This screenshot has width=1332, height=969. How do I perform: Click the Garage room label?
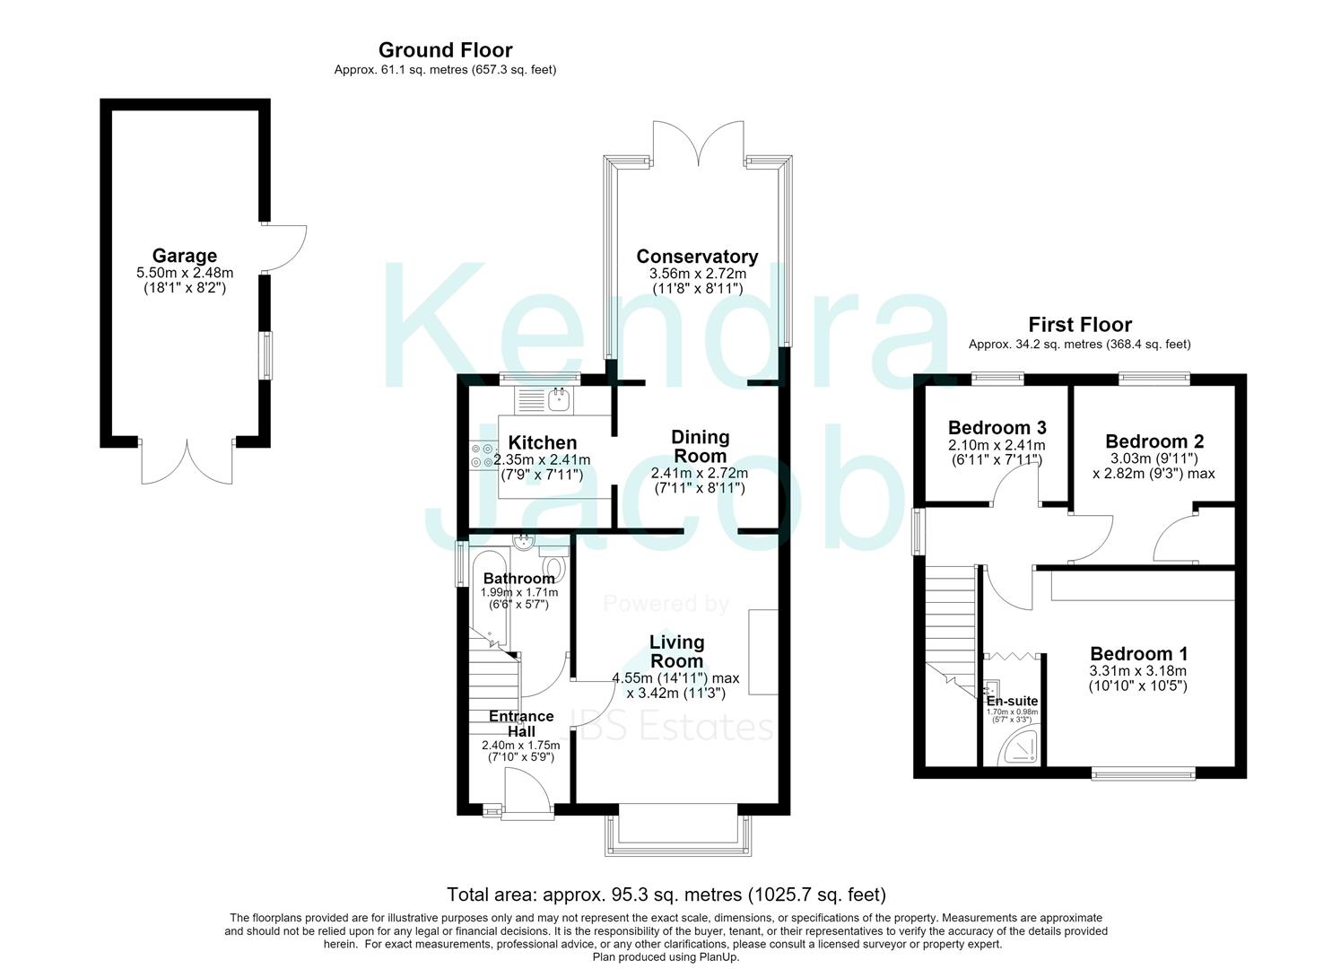coord(185,256)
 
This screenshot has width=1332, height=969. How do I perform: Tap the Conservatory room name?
coord(697,257)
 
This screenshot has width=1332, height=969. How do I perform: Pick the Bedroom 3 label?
coord(997,428)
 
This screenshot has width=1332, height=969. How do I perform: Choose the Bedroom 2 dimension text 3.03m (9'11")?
coord(1154,458)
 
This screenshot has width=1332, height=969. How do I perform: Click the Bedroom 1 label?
coord(1139,654)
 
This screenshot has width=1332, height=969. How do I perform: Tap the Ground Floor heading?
coord(446,50)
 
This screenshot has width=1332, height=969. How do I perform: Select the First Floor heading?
coord(1080,325)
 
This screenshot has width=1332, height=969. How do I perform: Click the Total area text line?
coord(666,894)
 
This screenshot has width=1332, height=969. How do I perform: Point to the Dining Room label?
coord(700,447)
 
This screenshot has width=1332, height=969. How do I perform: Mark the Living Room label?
coord(676,651)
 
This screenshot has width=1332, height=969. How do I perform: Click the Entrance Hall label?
coord(521,723)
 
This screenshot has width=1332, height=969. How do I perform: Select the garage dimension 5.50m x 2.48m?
coord(185,273)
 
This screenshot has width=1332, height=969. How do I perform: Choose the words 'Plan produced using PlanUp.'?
coord(666,957)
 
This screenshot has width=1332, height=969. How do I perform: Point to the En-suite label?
coord(1013,702)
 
